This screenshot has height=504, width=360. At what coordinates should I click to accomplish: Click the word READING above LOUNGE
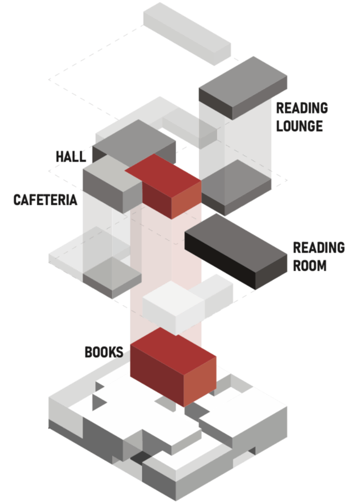click(x=302, y=108)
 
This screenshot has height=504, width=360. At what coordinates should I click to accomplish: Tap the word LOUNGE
click(x=300, y=126)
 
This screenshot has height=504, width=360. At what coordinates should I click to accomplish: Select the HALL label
click(x=71, y=157)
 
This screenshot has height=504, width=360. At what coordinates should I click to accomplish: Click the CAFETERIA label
click(x=46, y=200)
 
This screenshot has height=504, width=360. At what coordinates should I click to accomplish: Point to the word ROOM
click(x=310, y=265)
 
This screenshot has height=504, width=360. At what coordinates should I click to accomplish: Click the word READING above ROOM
click(x=319, y=248)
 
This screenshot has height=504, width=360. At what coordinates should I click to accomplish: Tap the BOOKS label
click(x=104, y=352)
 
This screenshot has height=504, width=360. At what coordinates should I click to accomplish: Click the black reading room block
click(x=235, y=251)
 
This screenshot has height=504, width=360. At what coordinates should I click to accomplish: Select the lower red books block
click(x=173, y=367)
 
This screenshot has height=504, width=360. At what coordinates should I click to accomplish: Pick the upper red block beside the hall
click(x=163, y=186)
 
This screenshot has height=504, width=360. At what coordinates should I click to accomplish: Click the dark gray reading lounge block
click(x=243, y=88)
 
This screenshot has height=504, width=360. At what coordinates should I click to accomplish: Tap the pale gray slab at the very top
click(x=187, y=34)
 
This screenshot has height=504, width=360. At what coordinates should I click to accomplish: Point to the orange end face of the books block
click(x=200, y=381)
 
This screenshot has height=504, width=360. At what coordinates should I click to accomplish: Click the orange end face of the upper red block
click(x=186, y=200)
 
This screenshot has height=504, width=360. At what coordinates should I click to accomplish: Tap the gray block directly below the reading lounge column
click(x=236, y=188)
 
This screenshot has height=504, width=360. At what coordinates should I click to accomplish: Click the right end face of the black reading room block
click(x=271, y=272)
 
